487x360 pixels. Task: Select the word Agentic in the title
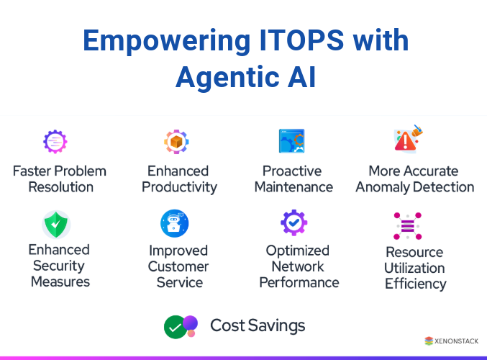click(x=227, y=76)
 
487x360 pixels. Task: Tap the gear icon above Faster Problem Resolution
click(x=55, y=142)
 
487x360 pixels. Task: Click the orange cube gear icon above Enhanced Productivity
click(x=176, y=142)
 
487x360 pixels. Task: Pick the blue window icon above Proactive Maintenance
click(x=291, y=141)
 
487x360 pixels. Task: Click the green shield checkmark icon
click(x=56, y=225)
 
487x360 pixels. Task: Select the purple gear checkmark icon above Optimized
click(x=293, y=223)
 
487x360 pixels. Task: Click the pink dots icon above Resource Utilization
click(x=408, y=227)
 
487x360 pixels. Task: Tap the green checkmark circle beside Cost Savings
click(x=175, y=327)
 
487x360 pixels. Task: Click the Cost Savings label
click(x=258, y=325)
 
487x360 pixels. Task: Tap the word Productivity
click(x=179, y=187)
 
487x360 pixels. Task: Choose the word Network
click(x=297, y=266)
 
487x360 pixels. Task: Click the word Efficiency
click(x=415, y=284)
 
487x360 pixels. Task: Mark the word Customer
click(x=178, y=266)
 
